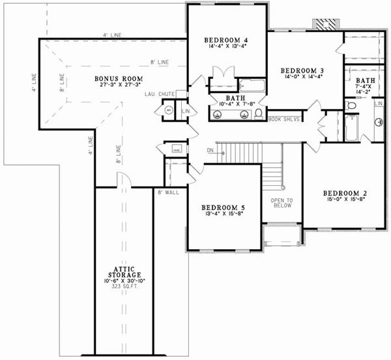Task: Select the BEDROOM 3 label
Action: click(x=302, y=70)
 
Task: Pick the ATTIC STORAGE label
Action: click(x=124, y=270)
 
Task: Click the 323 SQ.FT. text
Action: click(x=124, y=287)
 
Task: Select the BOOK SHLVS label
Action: click(x=282, y=120)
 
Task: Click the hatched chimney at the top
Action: click(x=326, y=23)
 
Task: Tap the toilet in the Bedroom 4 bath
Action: click(x=258, y=114)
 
